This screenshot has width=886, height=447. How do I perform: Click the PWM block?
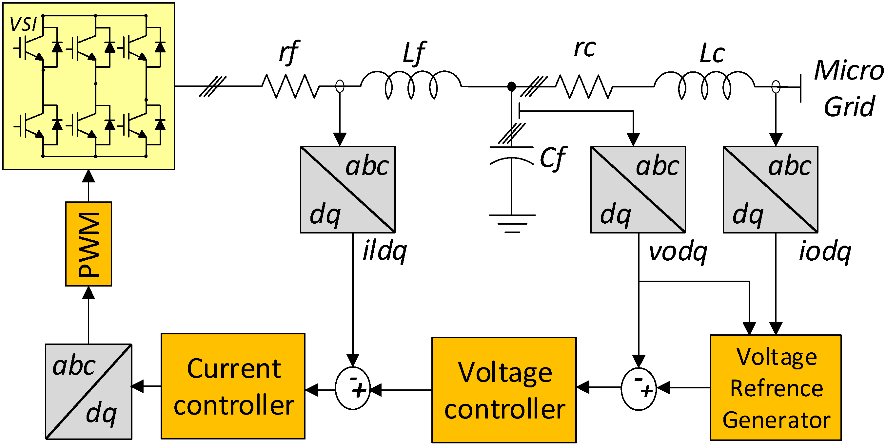89,244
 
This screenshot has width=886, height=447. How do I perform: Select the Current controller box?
233,386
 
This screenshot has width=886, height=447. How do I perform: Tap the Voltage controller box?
504,390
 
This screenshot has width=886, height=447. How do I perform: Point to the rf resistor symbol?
291,86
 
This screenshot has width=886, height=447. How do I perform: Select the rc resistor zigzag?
584,86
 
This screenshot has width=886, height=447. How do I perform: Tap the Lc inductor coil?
704,85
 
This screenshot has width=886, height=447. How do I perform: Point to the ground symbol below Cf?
512,224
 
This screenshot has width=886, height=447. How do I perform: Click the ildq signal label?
384,251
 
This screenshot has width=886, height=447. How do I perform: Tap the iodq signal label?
824,252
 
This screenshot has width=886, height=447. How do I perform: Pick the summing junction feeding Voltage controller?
639,389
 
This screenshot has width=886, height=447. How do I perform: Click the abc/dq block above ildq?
348,190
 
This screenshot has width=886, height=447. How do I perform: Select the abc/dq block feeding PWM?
89,391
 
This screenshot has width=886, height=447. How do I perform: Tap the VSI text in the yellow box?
23,24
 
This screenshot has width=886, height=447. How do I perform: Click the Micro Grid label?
849,88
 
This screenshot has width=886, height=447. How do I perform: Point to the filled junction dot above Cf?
511,86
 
